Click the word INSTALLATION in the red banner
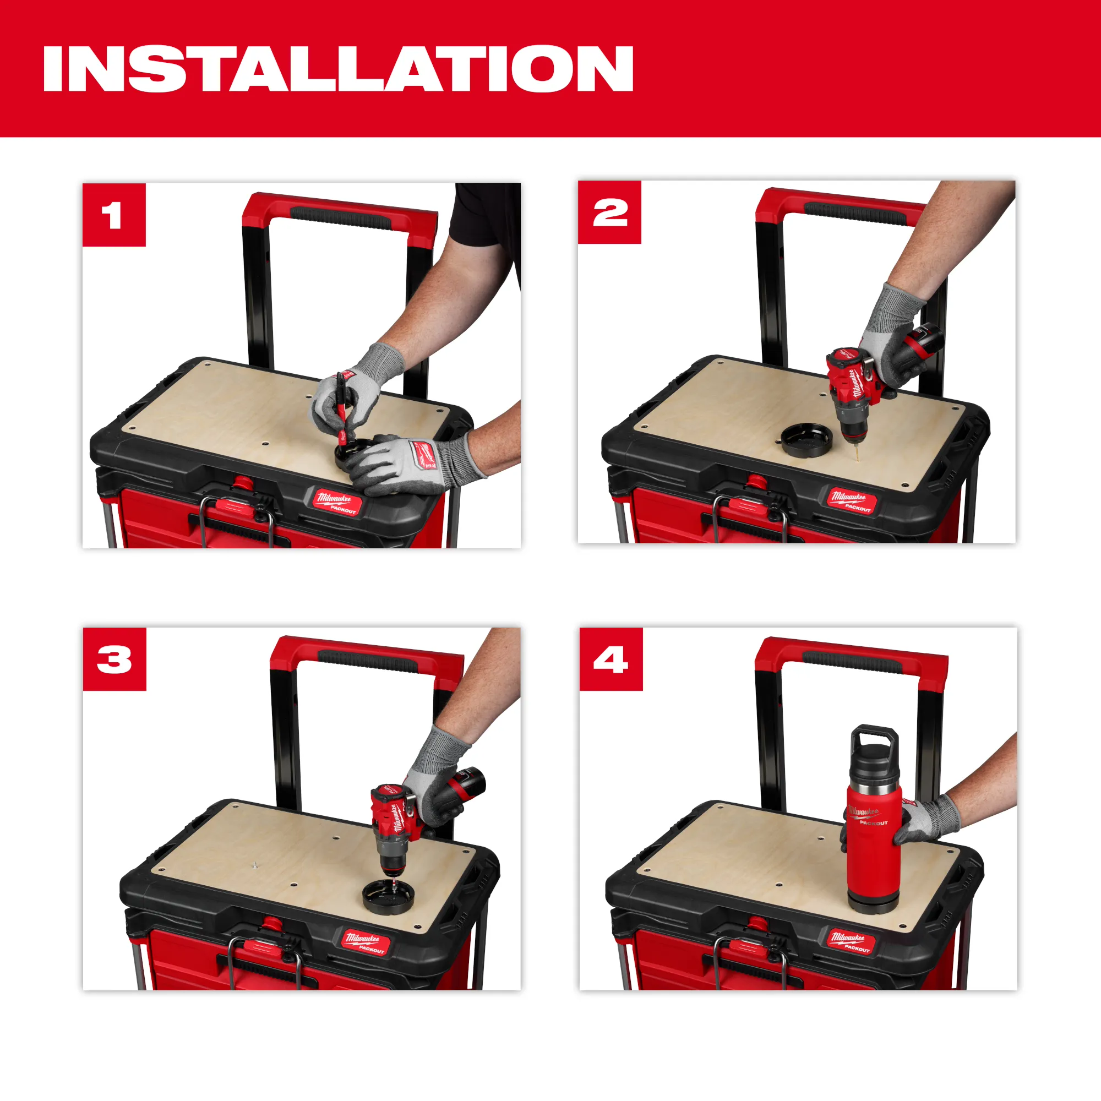pos(338,68)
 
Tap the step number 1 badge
pos(114,215)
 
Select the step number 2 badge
pos(609,212)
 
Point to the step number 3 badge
pos(115,659)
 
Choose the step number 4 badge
pos(611,659)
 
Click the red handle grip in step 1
pos(341,216)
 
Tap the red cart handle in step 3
pos(365,655)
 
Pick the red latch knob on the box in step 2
pos(756,482)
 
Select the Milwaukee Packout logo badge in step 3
pos(367,942)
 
